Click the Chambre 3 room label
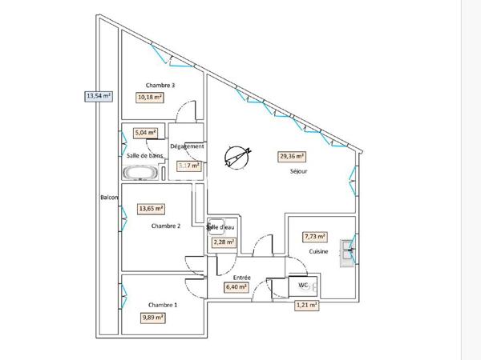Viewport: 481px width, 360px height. (x=160, y=86)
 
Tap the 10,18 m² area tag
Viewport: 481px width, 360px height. (x=150, y=98)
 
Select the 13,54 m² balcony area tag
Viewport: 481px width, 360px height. (x=99, y=96)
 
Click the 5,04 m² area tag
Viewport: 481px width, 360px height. (x=145, y=134)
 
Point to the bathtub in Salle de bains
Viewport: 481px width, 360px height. (x=141, y=172)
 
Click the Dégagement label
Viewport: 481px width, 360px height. (x=187, y=147)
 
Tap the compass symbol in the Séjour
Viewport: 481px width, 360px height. (x=237, y=156)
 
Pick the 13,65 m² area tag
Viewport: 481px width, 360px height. (x=152, y=209)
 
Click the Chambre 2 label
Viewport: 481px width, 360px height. (x=166, y=226)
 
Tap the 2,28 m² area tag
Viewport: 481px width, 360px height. (x=223, y=242)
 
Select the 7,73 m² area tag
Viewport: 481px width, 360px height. (x=315, y=237)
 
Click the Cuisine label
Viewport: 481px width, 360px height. (x=319, y=251)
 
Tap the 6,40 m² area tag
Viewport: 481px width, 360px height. (x=236, y=286)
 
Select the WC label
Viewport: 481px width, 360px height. (x=303, y=285)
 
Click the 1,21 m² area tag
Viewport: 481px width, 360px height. (x=306, y=305)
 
